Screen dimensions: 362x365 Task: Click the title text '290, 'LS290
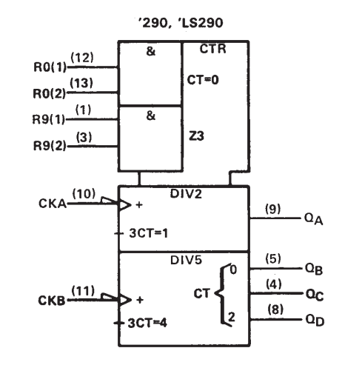pos(181,23)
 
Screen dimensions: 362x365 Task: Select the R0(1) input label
pos(50,67)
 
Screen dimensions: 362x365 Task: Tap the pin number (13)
pos(81,83)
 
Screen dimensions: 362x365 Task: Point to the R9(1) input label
pos(49,119)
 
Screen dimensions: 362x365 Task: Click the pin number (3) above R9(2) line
pos(84,137)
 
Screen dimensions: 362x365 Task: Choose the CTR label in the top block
pos(212,49)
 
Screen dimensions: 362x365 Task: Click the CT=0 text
pos(203,80)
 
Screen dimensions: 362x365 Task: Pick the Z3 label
pos(196,136)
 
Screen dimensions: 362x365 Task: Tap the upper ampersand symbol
pos(151,51)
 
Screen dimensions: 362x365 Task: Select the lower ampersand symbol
pos(151,115)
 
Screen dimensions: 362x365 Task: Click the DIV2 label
pos(186,194)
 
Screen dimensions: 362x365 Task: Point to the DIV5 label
pos(186,260)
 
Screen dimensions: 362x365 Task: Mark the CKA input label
pos(53,204)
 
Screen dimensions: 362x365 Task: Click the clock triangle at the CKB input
pos(125,300)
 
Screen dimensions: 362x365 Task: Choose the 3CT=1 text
pos(149,233)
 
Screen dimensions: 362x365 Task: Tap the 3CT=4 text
pos(147,323)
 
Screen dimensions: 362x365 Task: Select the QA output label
pos(314,219)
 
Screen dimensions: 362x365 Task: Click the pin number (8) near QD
pos(275,309)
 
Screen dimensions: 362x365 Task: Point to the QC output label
pos(315,295)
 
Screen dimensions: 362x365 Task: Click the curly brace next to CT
pos(222,294)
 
